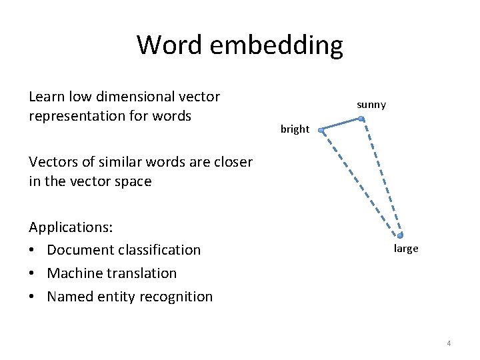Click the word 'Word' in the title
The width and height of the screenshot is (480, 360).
[171, 45]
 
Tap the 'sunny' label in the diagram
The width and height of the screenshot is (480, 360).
[371, 105]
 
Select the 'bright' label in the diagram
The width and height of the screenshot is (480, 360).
[295, 129]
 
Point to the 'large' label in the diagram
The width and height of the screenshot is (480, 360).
[406, 249]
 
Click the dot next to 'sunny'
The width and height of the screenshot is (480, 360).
[361, 119]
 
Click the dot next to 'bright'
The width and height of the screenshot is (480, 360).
[321, 131]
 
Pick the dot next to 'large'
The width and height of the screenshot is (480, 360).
[400, 235]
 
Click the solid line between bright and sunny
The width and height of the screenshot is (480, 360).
[341, 125]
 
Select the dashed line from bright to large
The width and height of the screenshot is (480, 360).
[360, 183]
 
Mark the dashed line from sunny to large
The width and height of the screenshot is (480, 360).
[380, 177]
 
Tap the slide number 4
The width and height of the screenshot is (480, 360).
[449, 343]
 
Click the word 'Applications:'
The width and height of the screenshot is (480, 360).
[71, 227]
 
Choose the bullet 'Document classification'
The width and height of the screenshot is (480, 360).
[123, 250]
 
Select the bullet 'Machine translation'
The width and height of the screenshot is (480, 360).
[111, 273]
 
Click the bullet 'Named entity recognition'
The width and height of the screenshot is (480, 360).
[129, 297]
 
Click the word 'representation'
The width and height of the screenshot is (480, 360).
[75, 116]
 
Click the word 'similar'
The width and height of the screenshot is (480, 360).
[119, 161]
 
